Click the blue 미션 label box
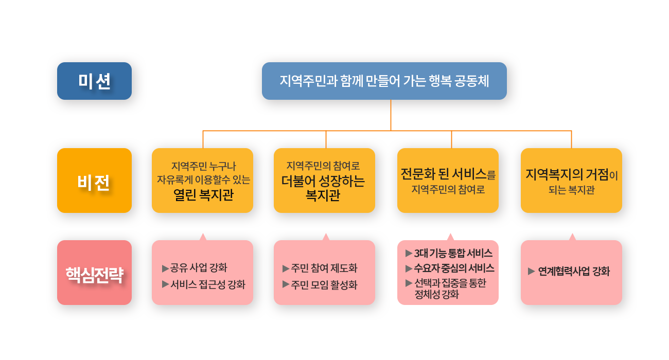94,81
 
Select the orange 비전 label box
94,181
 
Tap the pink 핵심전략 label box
94,273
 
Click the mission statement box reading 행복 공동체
384,81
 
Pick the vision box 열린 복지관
202,181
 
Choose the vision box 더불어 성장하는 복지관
324,181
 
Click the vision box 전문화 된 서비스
448,181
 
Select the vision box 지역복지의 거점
571,181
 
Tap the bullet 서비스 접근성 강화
208,284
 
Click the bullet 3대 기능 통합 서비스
453,253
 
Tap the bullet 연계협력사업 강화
574,272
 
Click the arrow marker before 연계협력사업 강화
532,272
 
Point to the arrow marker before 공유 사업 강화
165,268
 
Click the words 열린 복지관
203,195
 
